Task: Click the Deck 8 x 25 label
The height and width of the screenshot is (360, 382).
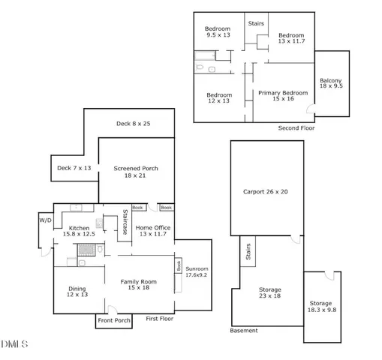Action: tap(133, 123)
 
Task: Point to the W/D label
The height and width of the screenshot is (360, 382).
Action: tap(44, 220)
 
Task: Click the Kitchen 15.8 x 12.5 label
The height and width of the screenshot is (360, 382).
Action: tap(80, 231)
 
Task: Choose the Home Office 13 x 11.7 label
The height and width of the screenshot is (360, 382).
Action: tap(153, 231)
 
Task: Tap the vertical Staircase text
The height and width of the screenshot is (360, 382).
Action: tap(125, 223)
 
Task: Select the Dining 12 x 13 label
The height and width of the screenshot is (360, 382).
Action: tap(77, 291)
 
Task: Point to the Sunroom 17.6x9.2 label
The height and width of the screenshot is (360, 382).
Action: tap(197, 271)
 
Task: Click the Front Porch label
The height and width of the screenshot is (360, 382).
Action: tap(114, 320)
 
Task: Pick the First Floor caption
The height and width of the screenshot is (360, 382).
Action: tap(160, 319)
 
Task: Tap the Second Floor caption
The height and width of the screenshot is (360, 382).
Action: tap(296, 128)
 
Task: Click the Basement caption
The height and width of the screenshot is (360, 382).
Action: tap(244, 331)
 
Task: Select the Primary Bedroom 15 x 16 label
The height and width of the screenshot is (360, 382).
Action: tap(283, 96)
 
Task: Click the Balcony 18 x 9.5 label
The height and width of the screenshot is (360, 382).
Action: tap(331, 83)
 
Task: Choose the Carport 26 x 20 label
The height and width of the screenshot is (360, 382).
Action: tap(266, 191)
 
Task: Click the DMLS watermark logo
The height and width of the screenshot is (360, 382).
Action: tap(15, 344)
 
